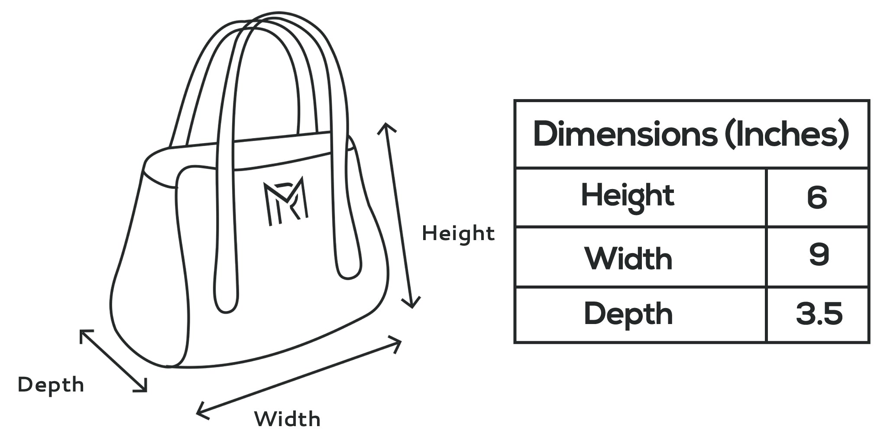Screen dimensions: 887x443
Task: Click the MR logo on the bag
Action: coord(286,201)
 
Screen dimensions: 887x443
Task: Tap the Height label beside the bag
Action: coord(458,234)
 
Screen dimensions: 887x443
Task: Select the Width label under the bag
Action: coord(287,419)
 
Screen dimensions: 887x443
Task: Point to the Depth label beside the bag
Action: coord(51,385)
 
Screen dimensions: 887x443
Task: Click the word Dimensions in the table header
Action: coord(625,134)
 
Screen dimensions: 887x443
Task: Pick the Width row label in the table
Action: coord(628,259)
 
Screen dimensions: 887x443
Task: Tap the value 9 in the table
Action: coord(819,254)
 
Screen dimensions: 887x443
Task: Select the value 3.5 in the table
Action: coord(819,314)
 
